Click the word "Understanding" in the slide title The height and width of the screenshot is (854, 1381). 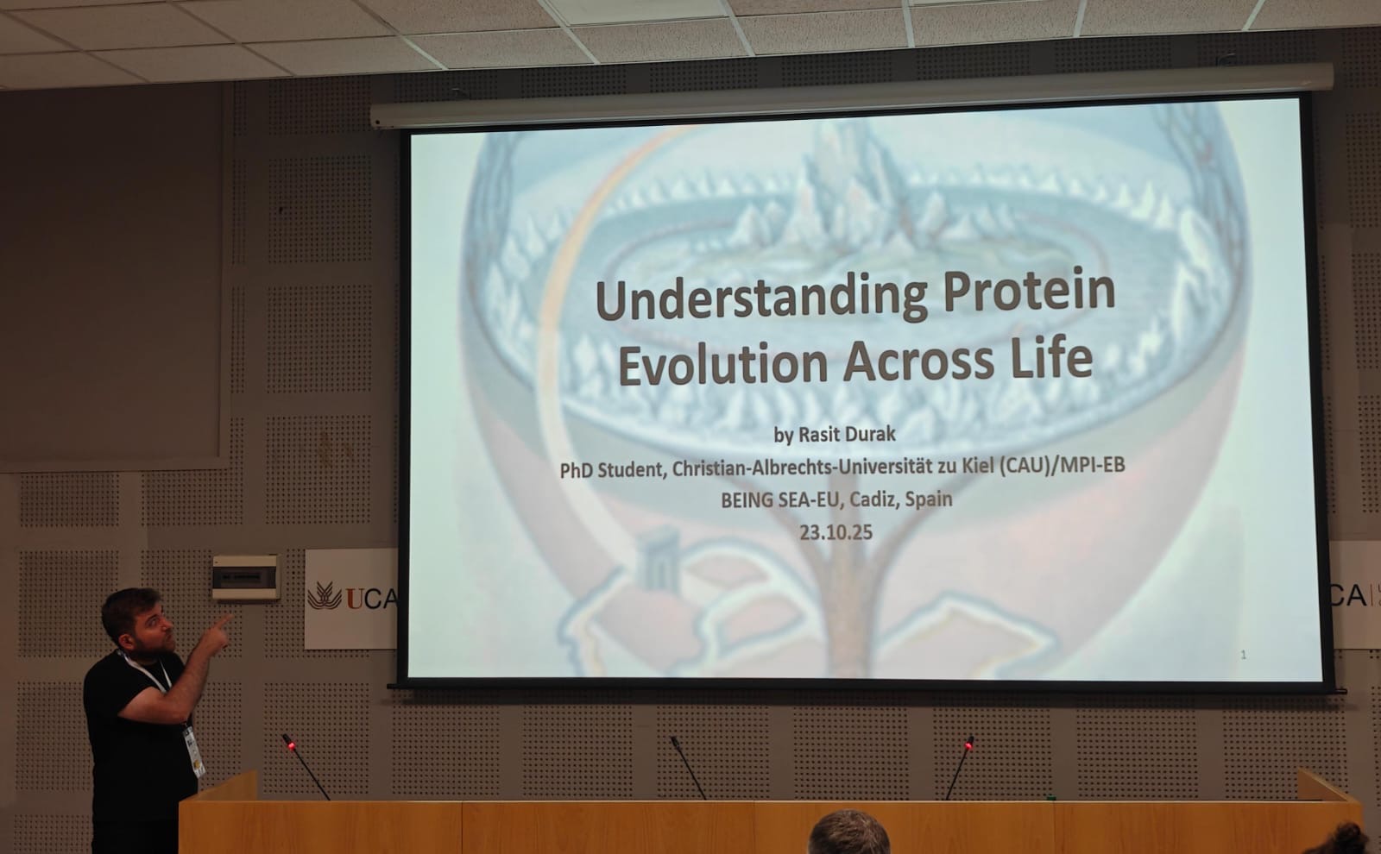(x=761, y=298)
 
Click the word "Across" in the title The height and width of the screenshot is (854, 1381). (x=918, y=361)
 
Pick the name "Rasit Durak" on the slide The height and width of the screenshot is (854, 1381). (x=847, y=435)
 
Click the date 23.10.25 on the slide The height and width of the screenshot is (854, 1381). (x=836, y=532)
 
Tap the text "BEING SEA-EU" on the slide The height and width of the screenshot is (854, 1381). (x=780, y=499)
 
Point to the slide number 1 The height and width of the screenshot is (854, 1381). (x=1244, y=655)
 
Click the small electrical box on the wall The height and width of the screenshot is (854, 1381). (x=246, y=577)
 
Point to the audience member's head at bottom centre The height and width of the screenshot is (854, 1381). (x=848, y=832)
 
